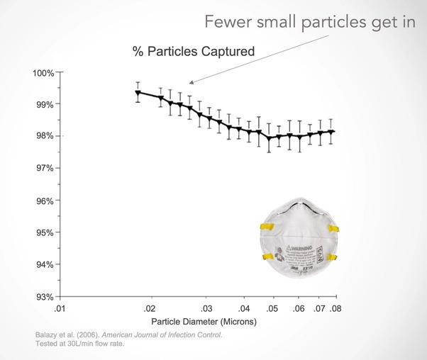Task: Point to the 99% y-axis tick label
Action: tap(45, 104)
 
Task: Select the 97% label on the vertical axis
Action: tap(45, 168)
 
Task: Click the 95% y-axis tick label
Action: tap(45, 232)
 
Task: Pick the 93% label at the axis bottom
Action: tap(45, 296)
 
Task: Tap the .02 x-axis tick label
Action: tap(149, 309)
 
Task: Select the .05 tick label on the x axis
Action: tap(272, 309)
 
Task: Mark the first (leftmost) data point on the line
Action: tap(138, 93)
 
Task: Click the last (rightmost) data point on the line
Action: tap(331, 132)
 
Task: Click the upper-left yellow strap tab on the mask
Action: tap(268, 227)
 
